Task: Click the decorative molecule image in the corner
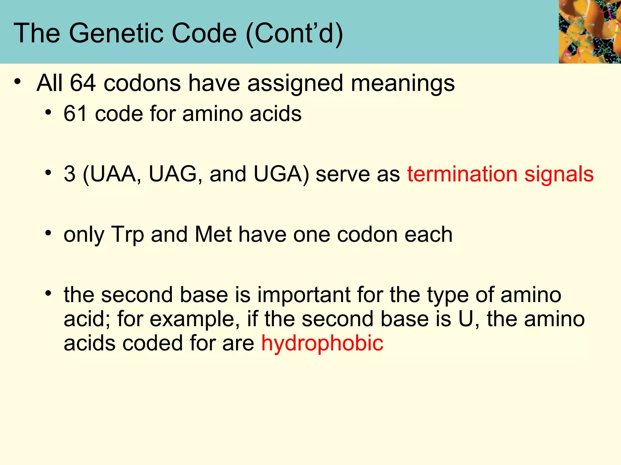[x=589, y=31]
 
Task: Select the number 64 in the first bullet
[x=83, y=83]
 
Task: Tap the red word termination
[x=462, y=174]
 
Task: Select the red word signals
[x=559, y=175]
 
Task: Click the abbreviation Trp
[x=127, y=235]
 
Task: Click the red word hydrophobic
[x=322, y=343]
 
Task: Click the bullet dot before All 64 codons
[x=18, y=81]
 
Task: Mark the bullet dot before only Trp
[x=48, y=233]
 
